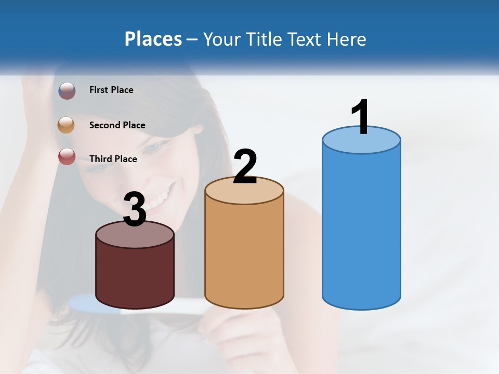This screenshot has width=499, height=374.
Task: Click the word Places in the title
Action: click(x=153, y=39)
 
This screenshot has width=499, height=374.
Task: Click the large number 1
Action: click(x=360, y=117)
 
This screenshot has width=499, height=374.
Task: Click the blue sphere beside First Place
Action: click(x=67, y=90)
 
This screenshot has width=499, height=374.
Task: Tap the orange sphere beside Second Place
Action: click(x=67, y=125)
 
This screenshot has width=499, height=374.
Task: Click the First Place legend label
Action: click(x=111, y=90)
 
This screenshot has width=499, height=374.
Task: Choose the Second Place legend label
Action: click(x=117, y=125)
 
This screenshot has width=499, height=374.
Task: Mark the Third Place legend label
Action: click(x=113, y=159)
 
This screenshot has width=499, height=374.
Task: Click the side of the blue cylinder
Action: click(x=361, y=229)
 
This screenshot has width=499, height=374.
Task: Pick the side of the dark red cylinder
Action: click(x=135, y=275)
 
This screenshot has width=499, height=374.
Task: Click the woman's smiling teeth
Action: click(x=159, y=201)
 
